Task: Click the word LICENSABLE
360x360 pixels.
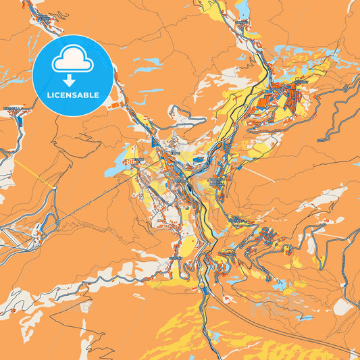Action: (x=72, y=95)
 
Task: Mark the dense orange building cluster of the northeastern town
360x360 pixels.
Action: (x=286, y=94)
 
